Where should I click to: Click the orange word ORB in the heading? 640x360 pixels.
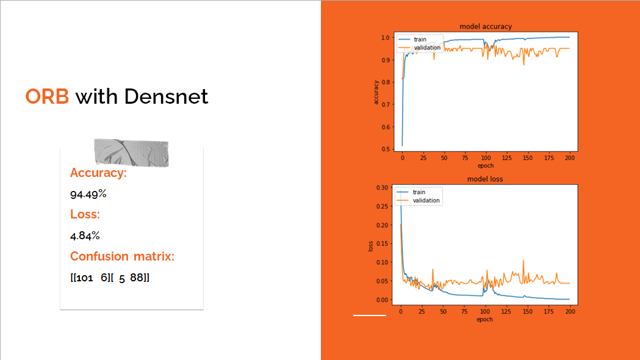(47, 96)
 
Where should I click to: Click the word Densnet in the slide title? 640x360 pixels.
(166, 96)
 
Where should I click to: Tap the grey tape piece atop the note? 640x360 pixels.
(131, 152)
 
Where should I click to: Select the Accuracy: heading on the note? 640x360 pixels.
(98, 173)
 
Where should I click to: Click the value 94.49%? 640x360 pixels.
(88, 194)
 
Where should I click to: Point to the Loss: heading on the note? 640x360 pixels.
(85, 214)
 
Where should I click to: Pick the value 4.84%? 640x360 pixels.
(85, 236)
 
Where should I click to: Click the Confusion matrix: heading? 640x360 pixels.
(122, 256)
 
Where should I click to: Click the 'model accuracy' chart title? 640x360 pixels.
(485, 27)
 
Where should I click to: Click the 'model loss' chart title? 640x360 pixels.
(485, 179)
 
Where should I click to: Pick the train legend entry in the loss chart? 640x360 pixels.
(419, 192)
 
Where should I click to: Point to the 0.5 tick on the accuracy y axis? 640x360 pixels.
(385, 149)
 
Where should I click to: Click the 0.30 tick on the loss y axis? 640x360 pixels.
(383, 187)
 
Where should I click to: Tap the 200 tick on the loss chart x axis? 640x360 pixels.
(569, 311)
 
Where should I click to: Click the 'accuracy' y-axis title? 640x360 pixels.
(376, 92)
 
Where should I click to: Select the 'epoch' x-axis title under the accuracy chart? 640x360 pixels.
(485, 165)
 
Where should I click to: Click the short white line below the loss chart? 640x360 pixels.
(370, 315)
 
